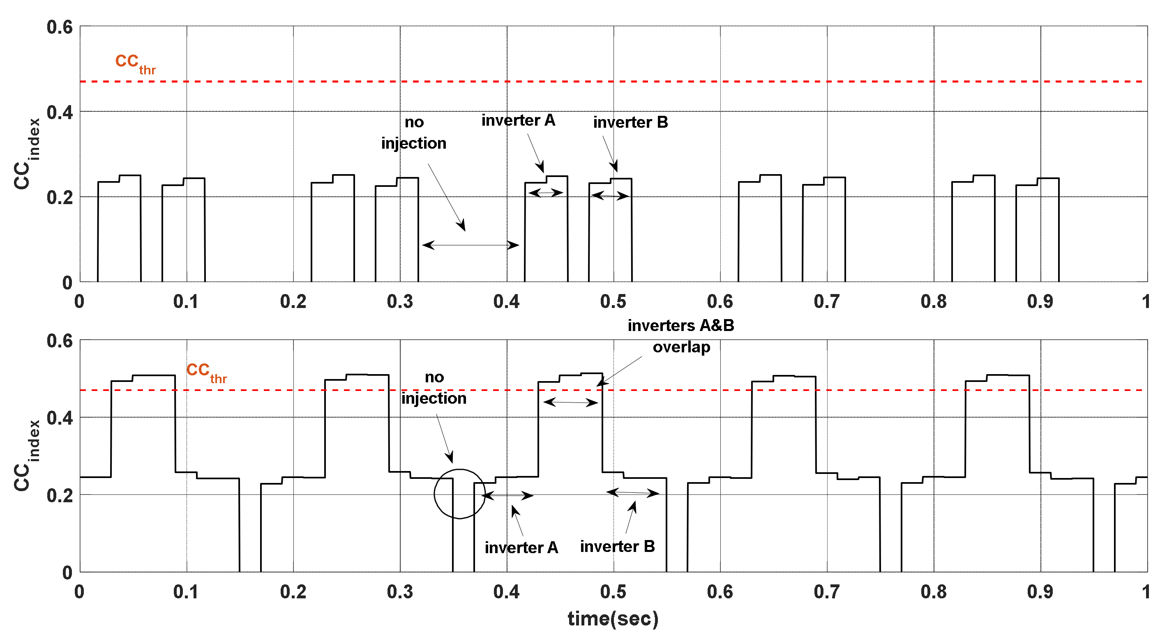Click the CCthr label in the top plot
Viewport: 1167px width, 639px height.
(x=135, y=63)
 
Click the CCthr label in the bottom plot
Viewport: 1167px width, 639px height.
(x=206, y=372)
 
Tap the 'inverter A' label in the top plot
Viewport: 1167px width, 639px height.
(x=518, y=120)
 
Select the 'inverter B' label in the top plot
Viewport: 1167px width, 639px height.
(x=630, y=122)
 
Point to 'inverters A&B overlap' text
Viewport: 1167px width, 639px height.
(x=681, y=336)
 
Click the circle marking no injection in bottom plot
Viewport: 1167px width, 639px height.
(x=459, y=494)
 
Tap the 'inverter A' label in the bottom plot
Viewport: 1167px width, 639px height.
(x=521, y=547)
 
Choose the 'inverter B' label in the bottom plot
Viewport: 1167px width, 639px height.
(x=617, y=547)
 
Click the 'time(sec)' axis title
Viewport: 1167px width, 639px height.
(x=613, y=618)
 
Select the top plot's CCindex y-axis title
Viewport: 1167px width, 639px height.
(x=27, y=154)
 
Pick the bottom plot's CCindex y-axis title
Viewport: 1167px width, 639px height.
(x=27, y=455)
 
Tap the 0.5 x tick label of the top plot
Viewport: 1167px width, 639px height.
(x=613, y=301)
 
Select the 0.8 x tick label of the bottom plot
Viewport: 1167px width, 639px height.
(x=933, y=591)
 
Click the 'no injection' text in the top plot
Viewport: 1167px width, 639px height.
(x=414, y=133)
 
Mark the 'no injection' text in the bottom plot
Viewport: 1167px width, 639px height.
(x=434, y=388)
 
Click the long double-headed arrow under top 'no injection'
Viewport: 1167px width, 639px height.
(x=470, y=245)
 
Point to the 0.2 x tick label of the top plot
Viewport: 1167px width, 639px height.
(x=293, y=301)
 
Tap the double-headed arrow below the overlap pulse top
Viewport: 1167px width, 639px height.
(x=570, y=402)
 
